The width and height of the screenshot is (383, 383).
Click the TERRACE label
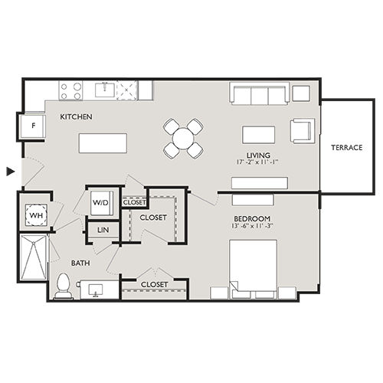(346, 147)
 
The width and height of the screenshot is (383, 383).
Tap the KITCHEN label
(77, 117)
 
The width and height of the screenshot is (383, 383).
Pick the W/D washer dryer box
(100, 203)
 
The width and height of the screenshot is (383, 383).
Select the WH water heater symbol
(35, 215)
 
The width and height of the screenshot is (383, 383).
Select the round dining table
(184, 138)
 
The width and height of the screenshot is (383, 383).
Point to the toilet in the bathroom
(63, 287)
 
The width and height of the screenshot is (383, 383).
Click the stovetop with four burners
(71, 90)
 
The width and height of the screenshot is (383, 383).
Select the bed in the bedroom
(253, 268)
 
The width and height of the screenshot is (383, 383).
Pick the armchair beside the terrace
(301, 131)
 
